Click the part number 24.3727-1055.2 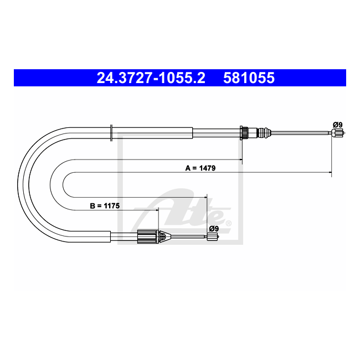click(x=151, y=78)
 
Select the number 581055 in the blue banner click(x=249, y=78)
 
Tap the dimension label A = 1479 click(x=200, y=168)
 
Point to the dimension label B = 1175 click(x=105, y=205)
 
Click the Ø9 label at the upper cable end click(x=338, y=125)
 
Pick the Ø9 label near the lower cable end click(x=214, y=229)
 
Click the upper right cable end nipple click(x=337, y=133)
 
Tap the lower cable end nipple click(x=213, y=236)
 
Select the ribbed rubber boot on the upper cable click(x=264, y=133)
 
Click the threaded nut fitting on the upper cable click(x=244, y=133)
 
